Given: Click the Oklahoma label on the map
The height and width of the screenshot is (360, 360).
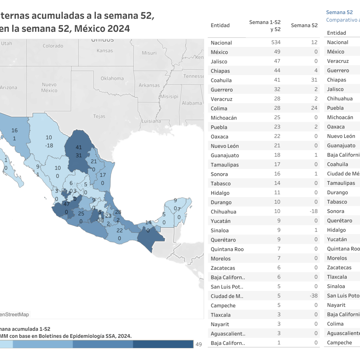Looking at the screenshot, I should pos(112,79).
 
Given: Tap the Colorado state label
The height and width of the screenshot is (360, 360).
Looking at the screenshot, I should pos(53,46).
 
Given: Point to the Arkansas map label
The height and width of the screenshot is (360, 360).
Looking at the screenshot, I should pos(149,85).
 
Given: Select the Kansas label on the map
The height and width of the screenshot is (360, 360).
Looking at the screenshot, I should pos(105,51).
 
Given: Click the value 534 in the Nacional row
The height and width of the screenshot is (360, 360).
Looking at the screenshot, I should pos(276,43).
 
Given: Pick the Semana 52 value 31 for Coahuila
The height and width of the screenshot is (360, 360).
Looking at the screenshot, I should pos(314,80).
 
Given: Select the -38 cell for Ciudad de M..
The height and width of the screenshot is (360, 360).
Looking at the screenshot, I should pos(313,296).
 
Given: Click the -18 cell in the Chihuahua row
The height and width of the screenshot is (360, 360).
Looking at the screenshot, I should pos(313,211).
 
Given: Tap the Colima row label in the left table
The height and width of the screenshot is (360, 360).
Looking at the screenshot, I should pos(219,109).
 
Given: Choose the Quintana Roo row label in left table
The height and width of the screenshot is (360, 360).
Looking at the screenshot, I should pos(227,249).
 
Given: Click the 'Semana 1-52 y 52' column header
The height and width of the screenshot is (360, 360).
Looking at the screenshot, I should pos(265,26).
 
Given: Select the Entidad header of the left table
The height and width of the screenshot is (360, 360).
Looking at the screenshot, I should pos(220,25).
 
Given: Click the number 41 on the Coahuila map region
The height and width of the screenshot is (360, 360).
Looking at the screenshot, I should pos(79,147).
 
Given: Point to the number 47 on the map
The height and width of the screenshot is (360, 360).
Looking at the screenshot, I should pos(66,204).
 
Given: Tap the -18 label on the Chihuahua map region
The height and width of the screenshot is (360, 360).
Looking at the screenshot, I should pos(49,145).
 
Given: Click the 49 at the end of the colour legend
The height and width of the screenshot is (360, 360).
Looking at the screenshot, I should pos(199,344).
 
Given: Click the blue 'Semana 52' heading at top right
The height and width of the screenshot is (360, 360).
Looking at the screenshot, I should pos(339,12).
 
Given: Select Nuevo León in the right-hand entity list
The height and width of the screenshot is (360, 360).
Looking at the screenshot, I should pos(341,136).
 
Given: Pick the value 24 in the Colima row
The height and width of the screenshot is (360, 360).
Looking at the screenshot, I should pos(314,108).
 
